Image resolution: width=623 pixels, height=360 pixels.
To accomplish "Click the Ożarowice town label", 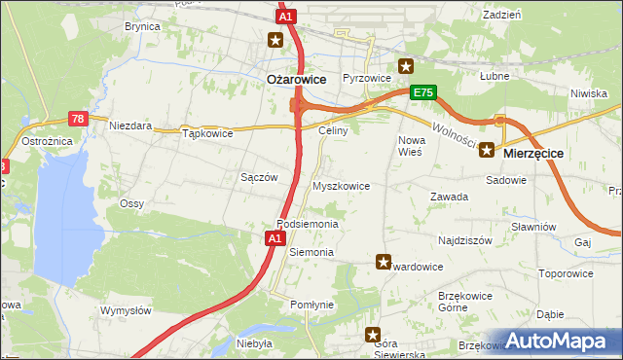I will click(x=296, y=81).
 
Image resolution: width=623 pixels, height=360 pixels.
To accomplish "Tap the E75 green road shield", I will click(x=421, y=92).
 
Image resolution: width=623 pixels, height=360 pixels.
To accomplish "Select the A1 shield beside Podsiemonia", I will click(x=275, y=237).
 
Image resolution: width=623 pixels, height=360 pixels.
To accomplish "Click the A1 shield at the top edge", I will click(x=285, y=17).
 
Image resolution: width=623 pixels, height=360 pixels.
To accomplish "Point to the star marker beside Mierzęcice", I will click(x=486, y=152).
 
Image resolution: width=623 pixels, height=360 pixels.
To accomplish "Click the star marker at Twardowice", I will click(x=384, y=262).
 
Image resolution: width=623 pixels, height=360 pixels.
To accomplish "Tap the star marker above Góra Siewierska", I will click(x=373, y=335).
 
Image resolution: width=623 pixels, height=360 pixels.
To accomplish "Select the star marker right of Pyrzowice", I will click(x=406, y=66).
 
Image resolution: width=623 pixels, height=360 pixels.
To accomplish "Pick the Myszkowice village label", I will click(x=340, y=185).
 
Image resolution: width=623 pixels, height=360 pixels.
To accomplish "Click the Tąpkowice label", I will click(x=208, y=134).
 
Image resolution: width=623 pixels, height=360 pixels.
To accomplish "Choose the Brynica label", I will click(x=141, y=26).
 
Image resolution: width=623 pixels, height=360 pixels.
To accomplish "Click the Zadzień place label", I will click(x=501, y=15).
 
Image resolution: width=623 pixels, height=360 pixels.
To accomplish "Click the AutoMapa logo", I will click(x=557, y=342).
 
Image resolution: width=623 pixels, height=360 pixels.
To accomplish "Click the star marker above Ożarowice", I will click(x=276, y=40).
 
